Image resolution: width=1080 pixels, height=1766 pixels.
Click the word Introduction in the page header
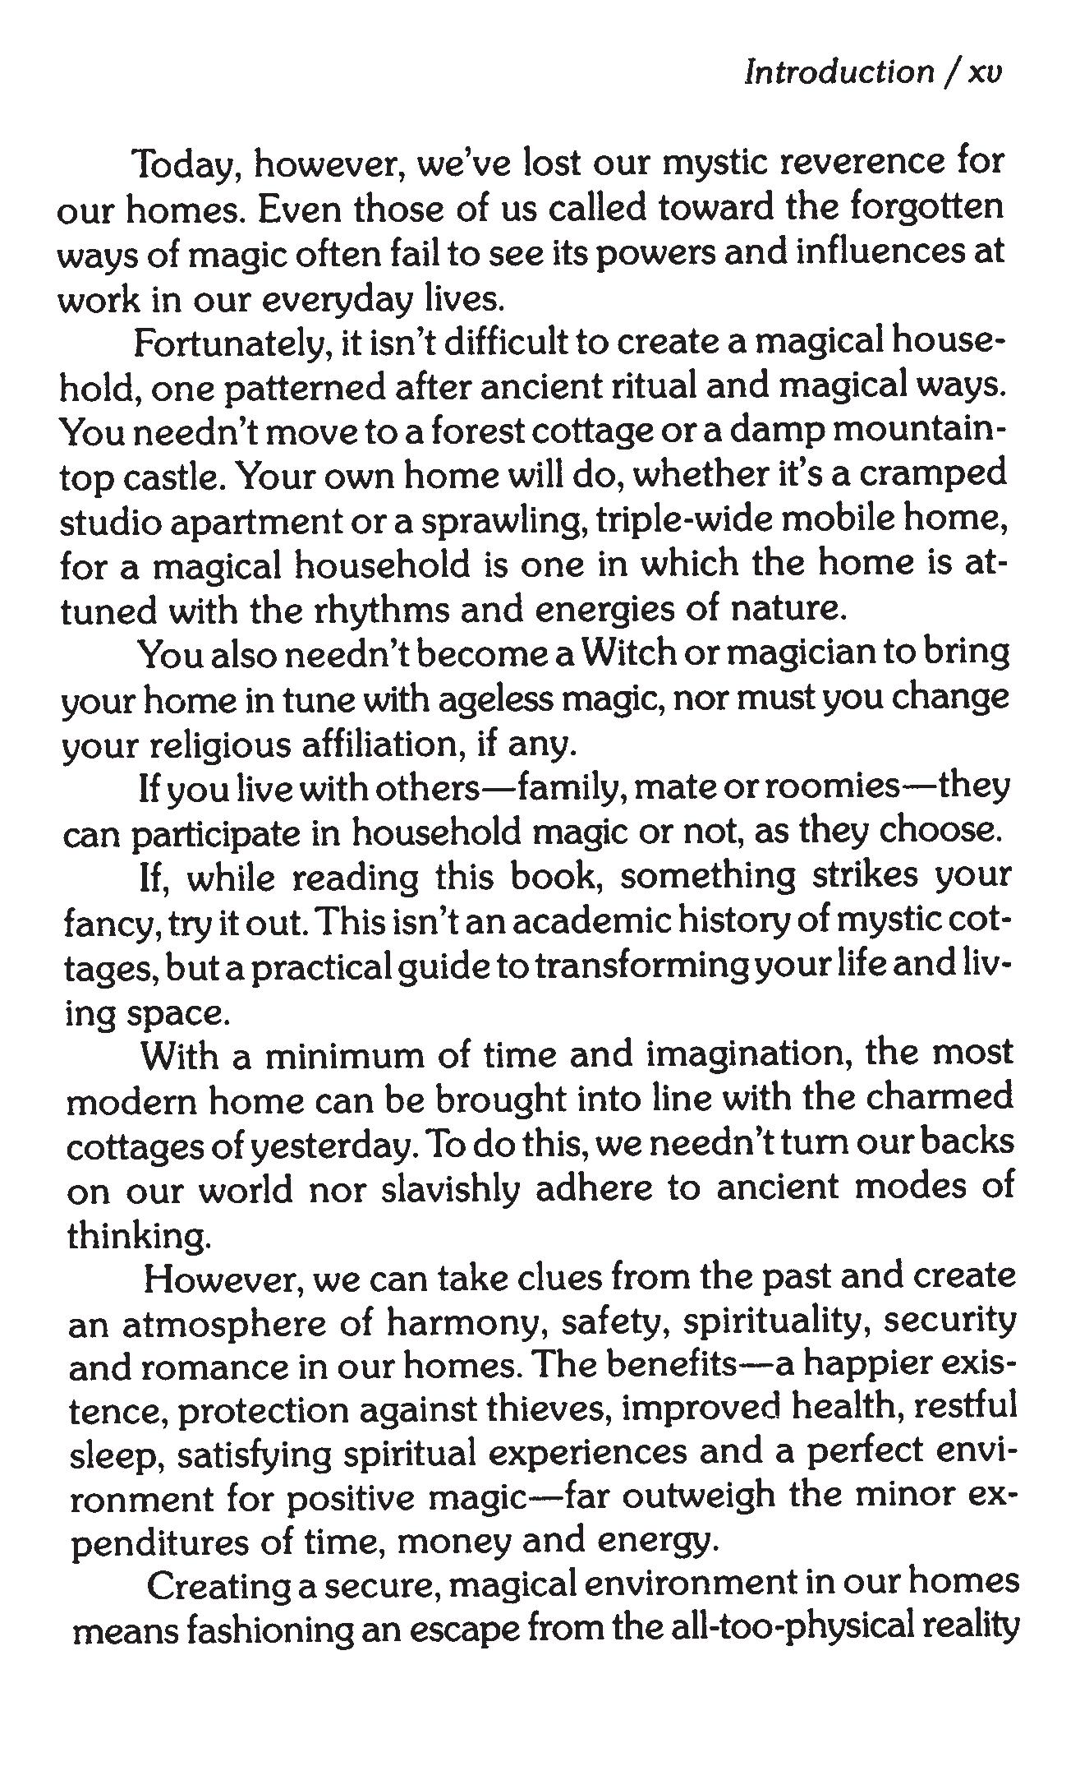[839, 72]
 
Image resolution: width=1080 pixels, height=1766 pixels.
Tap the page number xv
[986, 72]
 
